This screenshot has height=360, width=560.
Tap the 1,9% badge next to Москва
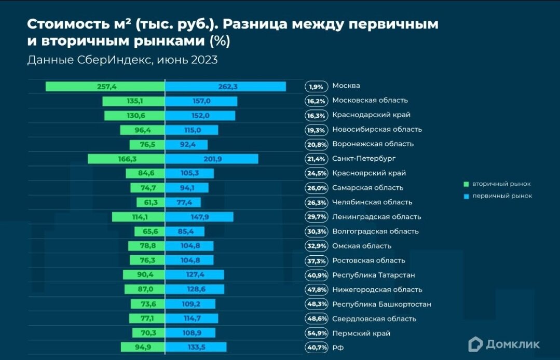point(316,87)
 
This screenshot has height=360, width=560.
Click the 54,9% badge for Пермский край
point(316,334)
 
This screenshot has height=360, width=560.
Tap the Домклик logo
point(504,344)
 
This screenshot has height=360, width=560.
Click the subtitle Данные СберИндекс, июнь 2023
point(122,60)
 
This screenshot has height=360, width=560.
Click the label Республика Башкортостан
point(381,304)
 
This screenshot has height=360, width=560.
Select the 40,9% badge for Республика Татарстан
point(316,275)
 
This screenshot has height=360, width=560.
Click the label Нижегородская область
point(377,289)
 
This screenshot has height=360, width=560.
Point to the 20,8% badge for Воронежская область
point(316,145)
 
